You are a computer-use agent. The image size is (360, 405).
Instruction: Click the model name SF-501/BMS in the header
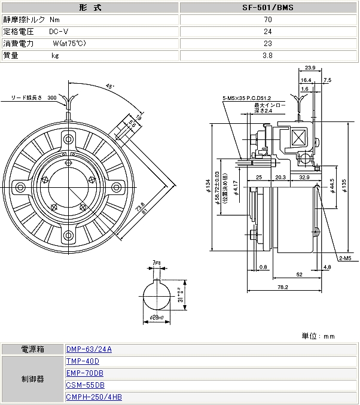coord(268,8)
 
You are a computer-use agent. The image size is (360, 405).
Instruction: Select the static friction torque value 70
coord(268,20)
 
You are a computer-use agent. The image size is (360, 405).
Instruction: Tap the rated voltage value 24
coord(268,32)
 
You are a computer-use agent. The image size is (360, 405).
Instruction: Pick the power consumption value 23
coord(268,44)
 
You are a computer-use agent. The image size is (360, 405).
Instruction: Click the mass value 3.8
coord(268,56)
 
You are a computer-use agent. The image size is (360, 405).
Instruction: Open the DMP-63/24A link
coord(89,349)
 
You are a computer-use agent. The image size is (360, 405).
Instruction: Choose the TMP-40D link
coord(83,361)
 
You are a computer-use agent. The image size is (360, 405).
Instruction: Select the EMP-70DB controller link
coord(86,373)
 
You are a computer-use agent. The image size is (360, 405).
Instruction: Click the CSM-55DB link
coord(86,385)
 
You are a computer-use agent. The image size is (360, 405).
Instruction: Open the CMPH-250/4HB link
coord(94,397)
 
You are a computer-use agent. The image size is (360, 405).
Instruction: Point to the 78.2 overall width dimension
coord(283,288)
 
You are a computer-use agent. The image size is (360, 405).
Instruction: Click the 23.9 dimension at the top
coord(310,68)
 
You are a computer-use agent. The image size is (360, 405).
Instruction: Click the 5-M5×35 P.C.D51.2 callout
coord(246,98)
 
